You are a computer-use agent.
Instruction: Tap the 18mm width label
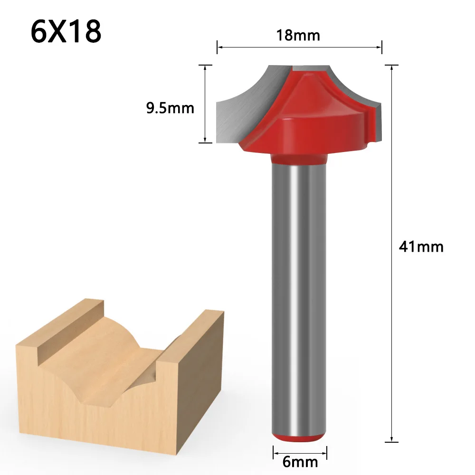[x=299, y=36]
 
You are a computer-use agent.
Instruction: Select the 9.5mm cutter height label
[x=170, y=108]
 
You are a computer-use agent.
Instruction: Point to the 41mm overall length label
[x=421, y=247]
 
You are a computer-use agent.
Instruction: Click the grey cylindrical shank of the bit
[x=299, y=285]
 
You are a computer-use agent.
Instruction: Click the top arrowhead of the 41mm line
[x=392, y=68]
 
